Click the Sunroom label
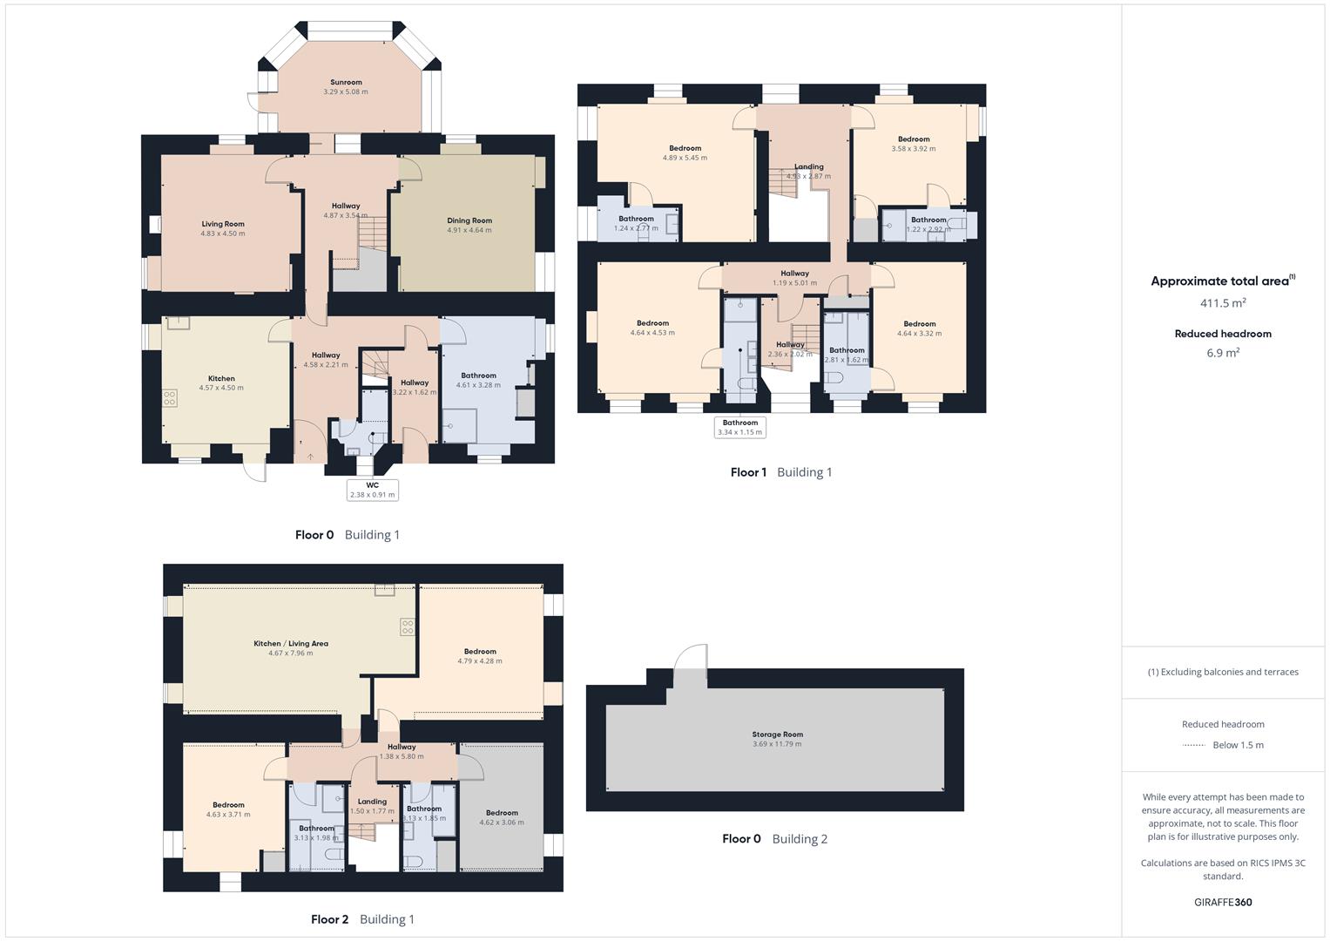tap(346, 83)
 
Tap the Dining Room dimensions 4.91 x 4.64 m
tap(469, 231)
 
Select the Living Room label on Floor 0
tap(223, 224)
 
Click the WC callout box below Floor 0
tap(372, 490)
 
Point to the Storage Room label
tap(778, 735)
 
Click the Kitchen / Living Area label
tap(291, 644)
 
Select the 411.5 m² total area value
tap(1223, 303)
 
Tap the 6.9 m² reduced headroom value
tap(1223, 353)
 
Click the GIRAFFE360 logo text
tap(1223, 902)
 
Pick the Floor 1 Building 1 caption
tap(781, 472)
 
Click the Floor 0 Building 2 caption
tap(774, 839)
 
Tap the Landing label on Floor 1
tap(809, 166)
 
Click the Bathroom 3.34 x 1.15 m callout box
tap(739, 427)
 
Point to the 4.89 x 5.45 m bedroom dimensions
tap(685, 159)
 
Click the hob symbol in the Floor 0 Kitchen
tap(170, 398)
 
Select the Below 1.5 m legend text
tap(1238, 745)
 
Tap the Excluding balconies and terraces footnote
tap(1223, 672)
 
